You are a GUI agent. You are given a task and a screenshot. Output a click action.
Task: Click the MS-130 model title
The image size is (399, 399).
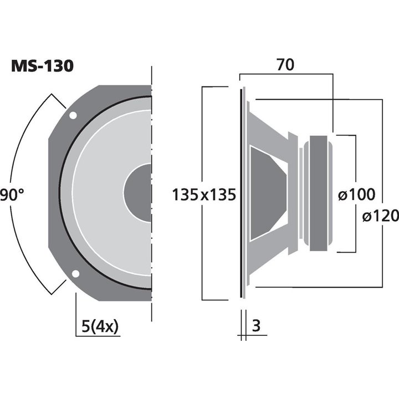(42, 66)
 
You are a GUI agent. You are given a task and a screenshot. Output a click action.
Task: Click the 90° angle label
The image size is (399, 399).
(12, 195)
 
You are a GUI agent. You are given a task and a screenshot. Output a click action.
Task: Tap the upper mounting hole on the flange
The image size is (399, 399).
(73, 116)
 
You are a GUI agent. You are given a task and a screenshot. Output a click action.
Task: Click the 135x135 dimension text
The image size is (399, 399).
(204, 195)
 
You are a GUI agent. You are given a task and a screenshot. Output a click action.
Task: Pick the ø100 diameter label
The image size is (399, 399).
(356, 195)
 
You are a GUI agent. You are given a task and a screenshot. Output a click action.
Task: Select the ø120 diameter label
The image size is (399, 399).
(381, 216)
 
